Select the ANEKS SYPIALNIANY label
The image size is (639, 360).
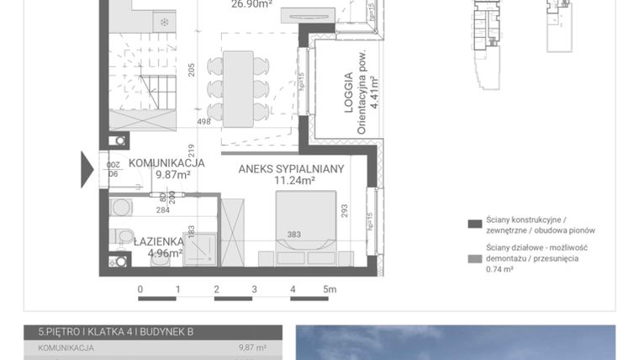pyautogui.click(x=291, y=169)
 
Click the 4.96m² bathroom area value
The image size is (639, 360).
pyautogui.click(x=165, y=251)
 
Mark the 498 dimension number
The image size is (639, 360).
pyautogui.click(x=203, y=121)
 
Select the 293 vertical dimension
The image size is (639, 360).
pyautogui.click(x=344, y=210)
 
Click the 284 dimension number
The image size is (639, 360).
pyautogui.click(x=162, y=210)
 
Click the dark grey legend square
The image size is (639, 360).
pyautogui.click(x=474, y=224)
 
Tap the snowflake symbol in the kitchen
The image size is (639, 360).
pyautogui.click(x=164, y=20)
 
